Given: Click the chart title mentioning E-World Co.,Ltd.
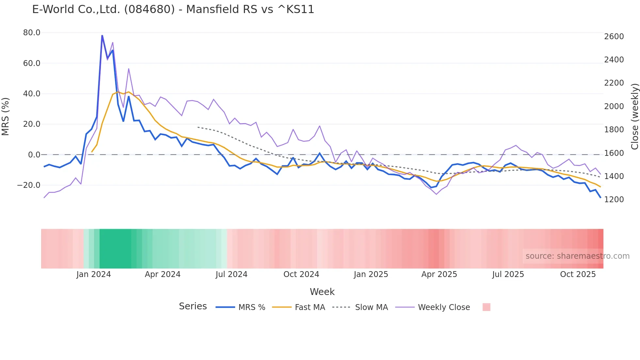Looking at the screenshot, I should [173, 9].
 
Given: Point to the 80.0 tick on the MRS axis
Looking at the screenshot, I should [32, 33].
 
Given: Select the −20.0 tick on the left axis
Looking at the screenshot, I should [29, 185].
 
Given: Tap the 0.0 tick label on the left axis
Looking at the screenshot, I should [34, 155].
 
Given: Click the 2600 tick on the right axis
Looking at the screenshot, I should [614, 37].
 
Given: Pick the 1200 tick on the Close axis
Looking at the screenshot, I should [614, 200].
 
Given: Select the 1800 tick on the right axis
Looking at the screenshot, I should [614, 130].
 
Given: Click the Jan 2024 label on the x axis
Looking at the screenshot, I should [94, 274].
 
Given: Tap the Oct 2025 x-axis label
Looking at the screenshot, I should [578, 274].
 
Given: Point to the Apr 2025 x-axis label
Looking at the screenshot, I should [439, 274].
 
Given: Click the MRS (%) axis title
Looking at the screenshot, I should [6, 117].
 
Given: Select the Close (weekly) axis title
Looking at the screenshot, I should [634, 117].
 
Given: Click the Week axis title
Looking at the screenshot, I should [322, 292].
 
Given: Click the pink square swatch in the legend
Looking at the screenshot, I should [486, 307].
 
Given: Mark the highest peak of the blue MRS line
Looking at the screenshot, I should [102, 36].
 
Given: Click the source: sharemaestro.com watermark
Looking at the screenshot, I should [577, 256].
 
